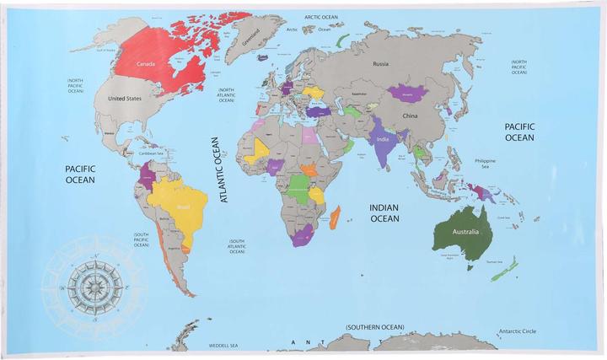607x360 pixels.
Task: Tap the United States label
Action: point(124,97)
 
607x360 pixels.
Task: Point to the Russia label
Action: point(380,63)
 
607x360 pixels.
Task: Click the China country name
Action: point(411,116)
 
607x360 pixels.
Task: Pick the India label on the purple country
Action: point(382,141)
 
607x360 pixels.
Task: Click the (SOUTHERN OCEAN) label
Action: point(374,326)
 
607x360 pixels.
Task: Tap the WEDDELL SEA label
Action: point(223,346)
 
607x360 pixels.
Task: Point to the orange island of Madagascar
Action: point(336,217)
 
